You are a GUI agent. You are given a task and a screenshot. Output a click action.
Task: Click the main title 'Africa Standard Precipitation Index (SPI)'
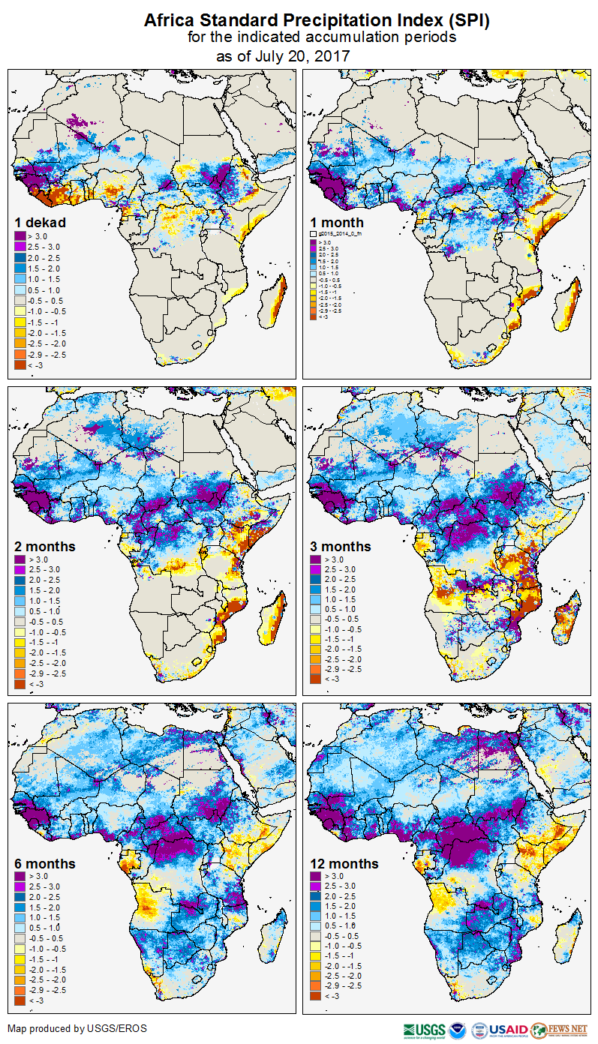(x=316, y=20)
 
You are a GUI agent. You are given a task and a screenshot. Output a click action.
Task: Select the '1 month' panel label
(x=337, y=223)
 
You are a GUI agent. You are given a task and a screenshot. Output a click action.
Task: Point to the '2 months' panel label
(x=45, y=547)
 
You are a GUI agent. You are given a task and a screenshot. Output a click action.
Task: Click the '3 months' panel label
(x=341, y=547)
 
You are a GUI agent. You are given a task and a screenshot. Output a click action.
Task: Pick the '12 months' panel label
(x=344, y=863)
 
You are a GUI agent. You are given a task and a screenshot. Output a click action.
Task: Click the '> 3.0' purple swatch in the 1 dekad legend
(x=20, y=236)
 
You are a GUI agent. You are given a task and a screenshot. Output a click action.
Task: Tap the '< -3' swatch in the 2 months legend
(x=20, y=684)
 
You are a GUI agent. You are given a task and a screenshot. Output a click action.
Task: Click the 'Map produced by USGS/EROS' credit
(x=77, y=1028)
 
